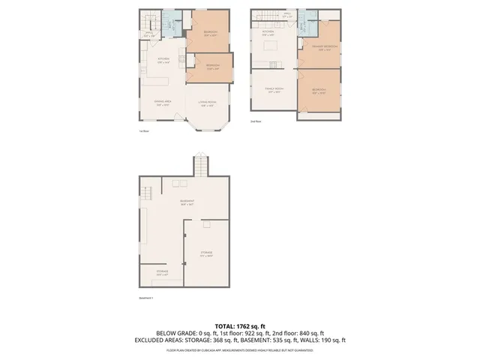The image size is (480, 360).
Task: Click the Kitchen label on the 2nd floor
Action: (x=268, y=33)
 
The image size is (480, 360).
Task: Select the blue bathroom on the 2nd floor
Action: (x=303, y=26)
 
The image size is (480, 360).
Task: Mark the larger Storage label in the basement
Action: (x=205, y=253)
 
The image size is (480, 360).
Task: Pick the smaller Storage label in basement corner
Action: (x=162, y=271)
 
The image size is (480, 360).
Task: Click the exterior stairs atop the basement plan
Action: (x=199, y=164)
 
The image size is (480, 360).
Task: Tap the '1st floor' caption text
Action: (x=145, y=130)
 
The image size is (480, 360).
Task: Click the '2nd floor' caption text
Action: (x=256, y=121)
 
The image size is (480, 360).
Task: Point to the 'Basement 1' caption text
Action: (x=146, y=298)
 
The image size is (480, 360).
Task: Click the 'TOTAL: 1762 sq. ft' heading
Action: (x=239, y=325)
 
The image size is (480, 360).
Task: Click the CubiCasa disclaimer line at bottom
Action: (x=239, y=349)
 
